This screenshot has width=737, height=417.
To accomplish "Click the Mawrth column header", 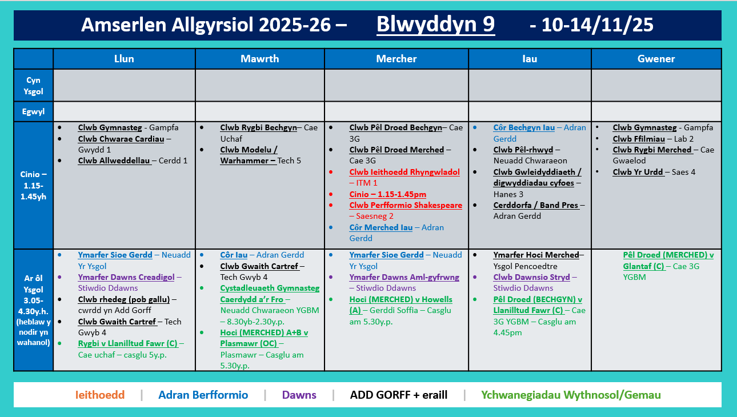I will (x=260, y=59).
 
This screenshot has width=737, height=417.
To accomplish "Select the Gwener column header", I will (x=656, y=59).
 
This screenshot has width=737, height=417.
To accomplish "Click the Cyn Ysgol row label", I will (x=33, y=86).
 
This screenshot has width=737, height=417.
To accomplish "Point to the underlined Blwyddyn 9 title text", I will (x=435, y=25).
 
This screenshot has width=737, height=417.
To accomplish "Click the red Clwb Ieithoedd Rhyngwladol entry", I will (x=404, y=172).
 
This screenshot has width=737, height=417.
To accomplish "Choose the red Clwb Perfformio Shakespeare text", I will (x=406, y=205).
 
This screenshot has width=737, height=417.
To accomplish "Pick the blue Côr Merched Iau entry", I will (x=381, y=227).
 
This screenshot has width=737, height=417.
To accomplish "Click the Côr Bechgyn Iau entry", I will (x=524, y=127).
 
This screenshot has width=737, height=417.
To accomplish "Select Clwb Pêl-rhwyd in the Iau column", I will (x=523, y=150).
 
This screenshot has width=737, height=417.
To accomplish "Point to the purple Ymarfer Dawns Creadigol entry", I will (x=126, y=277).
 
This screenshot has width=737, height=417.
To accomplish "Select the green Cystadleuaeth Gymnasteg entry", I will (x=270, y=288).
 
